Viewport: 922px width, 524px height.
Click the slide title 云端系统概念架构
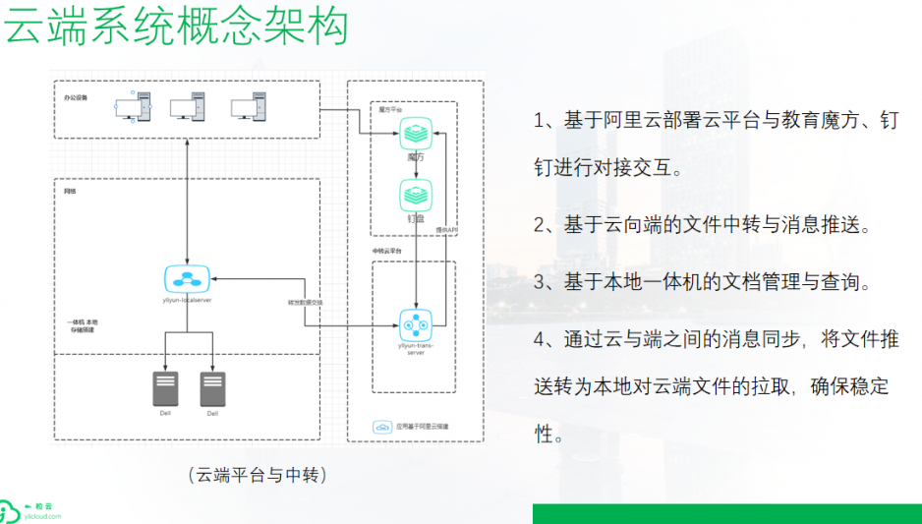pyautogui.click(x=178, y=26)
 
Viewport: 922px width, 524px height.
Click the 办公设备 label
pyautogui.click(x=76, y=99)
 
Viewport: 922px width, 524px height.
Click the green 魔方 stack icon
pyautogui.click(x=416, y=134)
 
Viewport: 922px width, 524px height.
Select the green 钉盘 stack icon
pyautogui.click(x=416, y=195)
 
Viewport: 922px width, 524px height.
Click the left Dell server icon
pyautogui.click(x=164, y=389)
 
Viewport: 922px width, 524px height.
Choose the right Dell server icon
pyautogui.click(x=212, y=389)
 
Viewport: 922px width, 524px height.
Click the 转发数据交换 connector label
pyautogui.click(x=306, y=303)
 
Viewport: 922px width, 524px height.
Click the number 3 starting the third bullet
pyautogui.click(x=540, y=283)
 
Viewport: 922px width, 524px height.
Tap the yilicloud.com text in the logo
pyautogui.click(x=41, y=516)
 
